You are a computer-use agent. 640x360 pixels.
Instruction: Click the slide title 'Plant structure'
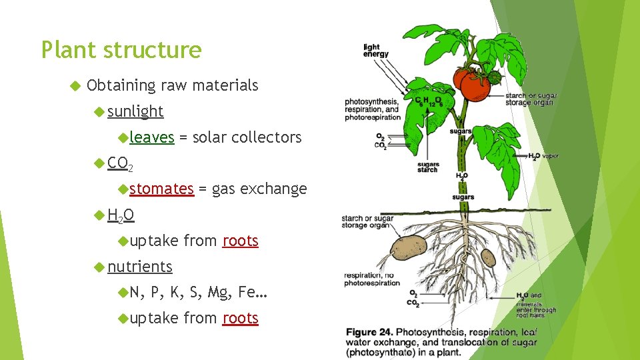coord(121,50)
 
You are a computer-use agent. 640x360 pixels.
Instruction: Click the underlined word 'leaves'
coord(152,137)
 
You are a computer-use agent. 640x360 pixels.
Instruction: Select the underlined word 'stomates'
coord(161,189)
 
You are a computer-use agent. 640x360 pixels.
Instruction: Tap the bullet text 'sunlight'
coord(135,111)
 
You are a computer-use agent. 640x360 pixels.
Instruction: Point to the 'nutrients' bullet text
coord(140,267)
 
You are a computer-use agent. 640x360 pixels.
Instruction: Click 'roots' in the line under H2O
coord(240,241)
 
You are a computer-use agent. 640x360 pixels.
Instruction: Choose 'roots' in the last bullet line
coord(240,318)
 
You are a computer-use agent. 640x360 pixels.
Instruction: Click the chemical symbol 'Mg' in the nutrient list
coord(217,292)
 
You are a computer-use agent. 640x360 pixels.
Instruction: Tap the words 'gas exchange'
coord(259,189)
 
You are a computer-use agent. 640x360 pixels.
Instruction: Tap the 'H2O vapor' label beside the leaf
coord(544,157)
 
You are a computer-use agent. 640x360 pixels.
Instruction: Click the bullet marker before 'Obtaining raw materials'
coord(74,85)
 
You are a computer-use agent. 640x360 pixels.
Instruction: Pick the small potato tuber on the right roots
coord(489,257)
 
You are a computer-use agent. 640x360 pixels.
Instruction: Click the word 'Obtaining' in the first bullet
coord(119,85)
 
